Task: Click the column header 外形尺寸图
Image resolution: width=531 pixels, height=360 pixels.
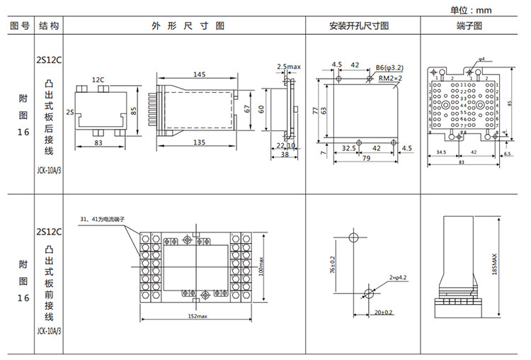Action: pyautogui.click(x=188, y=26)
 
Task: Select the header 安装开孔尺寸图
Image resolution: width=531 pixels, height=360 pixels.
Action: pyautogui.click(x=359, y=26)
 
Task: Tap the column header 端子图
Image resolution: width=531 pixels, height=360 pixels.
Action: pyautogui.click(x=469, y=26)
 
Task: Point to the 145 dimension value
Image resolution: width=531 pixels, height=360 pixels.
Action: pyautogui.click(x=199, y=74)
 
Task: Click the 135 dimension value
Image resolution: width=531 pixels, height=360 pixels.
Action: pyautogui.click(x=199, y=142)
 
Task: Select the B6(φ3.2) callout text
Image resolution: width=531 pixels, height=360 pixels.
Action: pyautogui.click(x=390, y=67)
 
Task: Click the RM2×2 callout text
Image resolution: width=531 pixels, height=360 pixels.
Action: pyautogui.click(x=390, y=77)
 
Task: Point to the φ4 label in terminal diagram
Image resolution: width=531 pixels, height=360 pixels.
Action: pyautogui.click(x=481, y=58)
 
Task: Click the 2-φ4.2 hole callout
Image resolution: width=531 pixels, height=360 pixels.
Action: pyautogui.click(x=397, y=277)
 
